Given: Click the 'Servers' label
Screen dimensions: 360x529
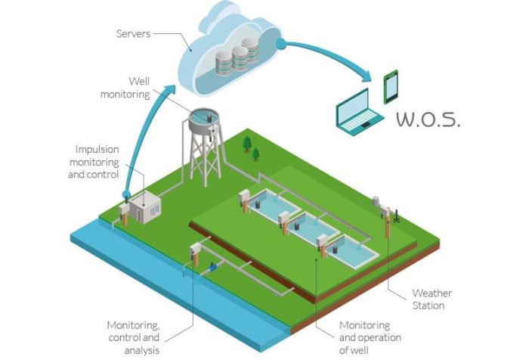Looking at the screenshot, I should tap(135, 34).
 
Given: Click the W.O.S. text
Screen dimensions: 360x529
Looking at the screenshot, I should tap(428, 120).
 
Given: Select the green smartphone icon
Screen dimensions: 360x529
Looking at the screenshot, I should tap(390, 86).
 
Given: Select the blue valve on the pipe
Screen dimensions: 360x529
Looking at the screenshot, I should tap(213, 266).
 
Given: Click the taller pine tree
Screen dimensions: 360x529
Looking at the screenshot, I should tap(246, 144).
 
